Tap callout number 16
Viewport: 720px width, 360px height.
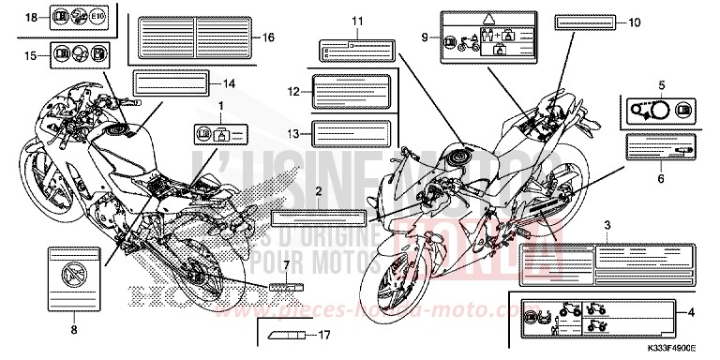pos(269,37)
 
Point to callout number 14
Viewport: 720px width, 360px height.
pos(230,83)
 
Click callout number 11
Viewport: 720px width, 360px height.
pos(356,21)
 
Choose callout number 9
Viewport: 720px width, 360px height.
pos(425,37)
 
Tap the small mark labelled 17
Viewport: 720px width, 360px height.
pos(282,333)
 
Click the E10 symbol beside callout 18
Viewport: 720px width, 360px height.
pos(100,18)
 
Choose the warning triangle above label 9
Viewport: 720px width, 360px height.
pos(487,18)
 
